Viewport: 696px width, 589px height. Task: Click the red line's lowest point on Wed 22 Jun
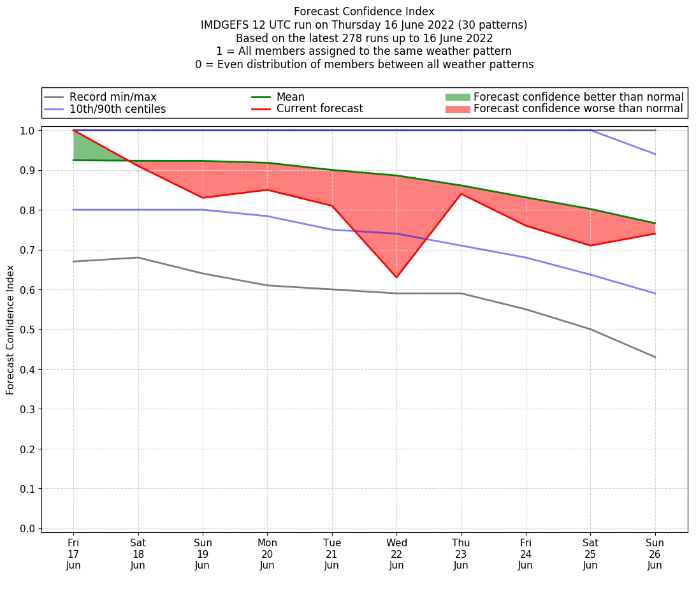(396, 277)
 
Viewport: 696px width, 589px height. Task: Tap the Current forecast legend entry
(319, 109)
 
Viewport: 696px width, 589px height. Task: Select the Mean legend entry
(291, 97)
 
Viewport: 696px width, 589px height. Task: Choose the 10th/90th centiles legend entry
(117, 109)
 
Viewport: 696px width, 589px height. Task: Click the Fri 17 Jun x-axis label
(73, 554)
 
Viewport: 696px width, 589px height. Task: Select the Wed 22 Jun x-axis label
(396, 554)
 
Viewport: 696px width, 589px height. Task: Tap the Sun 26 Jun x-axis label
(655, 554)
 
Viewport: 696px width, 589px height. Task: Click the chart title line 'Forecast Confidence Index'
(364, 11)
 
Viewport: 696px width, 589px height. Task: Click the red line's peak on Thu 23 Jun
(461, 194)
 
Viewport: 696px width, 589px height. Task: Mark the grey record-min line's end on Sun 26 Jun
(655, 357)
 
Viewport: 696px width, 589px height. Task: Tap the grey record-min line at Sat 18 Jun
(138, 258)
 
